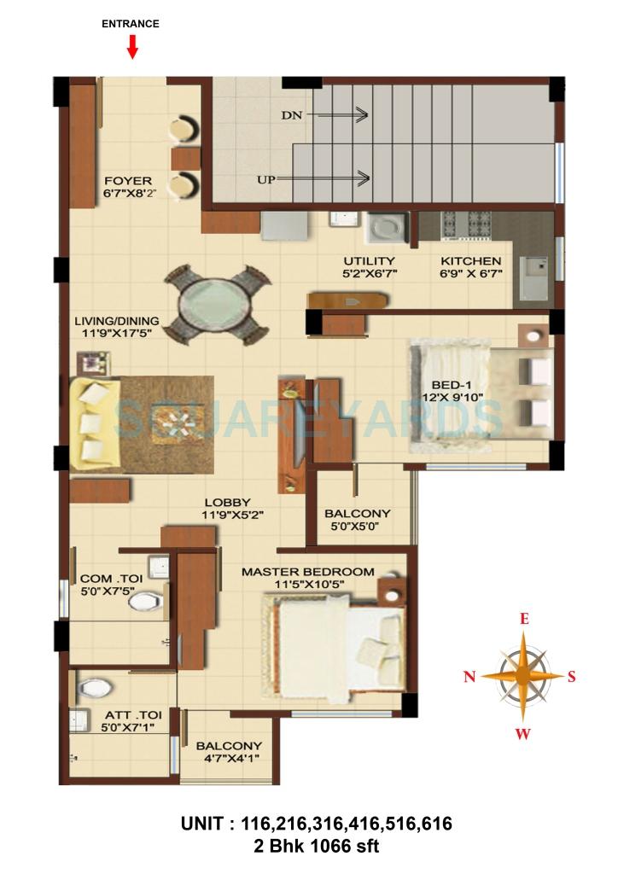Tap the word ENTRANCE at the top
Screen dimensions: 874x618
click(131, 24)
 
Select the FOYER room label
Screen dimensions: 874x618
click(128, 181)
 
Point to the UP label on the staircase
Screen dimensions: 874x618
click(265, 179)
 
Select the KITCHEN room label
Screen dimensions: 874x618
click(470, 261)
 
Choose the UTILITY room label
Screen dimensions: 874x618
click(369, 261)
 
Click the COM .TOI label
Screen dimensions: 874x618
click(111, 577)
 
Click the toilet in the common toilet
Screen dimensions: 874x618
click(144, 603)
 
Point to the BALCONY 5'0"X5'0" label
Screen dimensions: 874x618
click(357, 514)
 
